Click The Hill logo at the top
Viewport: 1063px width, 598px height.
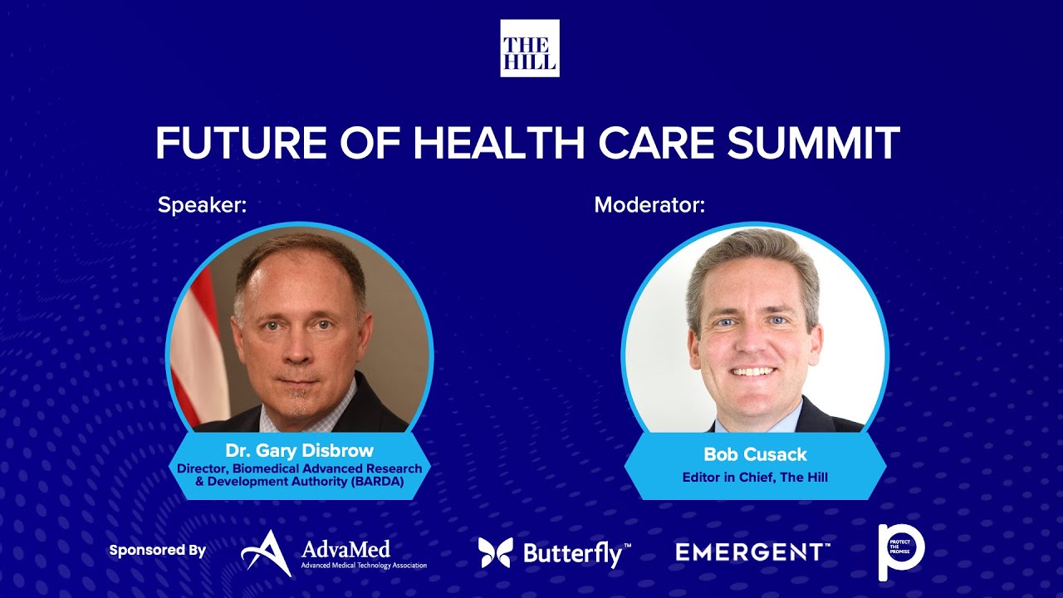[x=529, y=48]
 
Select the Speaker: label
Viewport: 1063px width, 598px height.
[x=203, y=204]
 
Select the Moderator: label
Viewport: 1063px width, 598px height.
[x=649, y=204]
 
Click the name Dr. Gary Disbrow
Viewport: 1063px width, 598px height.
[x=299, y=451]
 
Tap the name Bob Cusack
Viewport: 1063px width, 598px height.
[x=755, y=454]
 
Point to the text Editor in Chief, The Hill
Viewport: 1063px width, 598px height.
[x=755, y=478]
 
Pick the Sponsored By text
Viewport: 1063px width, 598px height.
[x=157, y=550]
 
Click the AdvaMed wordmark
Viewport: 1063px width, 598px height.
[x=345, y=548]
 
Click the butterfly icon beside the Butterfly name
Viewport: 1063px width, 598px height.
[x=495, y=552]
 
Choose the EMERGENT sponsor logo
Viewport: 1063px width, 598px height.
[x=752, y=551]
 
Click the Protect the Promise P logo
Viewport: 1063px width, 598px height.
[x=901, y=551]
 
